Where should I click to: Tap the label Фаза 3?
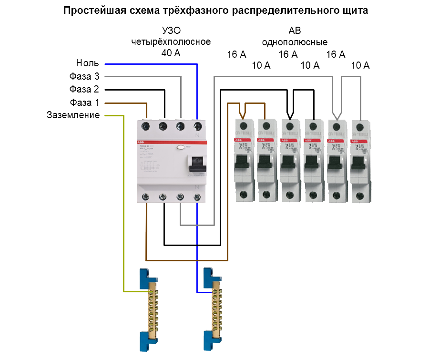[84, 76]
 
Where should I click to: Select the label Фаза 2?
[84, 89]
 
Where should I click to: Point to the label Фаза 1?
[84, 102]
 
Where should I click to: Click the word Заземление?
[73, 115]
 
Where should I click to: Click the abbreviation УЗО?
[171, 31]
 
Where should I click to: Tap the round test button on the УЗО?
[181, 148]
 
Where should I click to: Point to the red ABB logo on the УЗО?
[141, 143]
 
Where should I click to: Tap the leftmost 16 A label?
[236, 55]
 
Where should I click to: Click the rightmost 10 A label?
[360, 66]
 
